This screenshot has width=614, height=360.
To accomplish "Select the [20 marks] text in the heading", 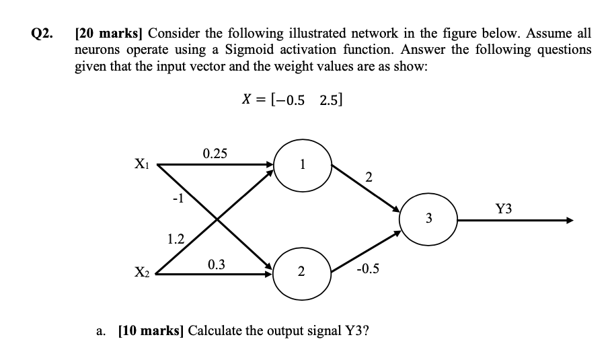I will coord(108,33).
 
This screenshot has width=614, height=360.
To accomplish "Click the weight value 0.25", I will coord(215,153).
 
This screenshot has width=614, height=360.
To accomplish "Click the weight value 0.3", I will coord(217,264).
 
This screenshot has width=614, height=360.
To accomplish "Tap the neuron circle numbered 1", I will coord(303,164).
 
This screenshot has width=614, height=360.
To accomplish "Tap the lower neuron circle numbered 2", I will coord(301,272).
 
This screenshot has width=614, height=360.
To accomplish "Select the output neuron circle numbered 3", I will coord(429,218).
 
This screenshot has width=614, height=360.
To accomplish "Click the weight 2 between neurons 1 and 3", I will coord(368,178).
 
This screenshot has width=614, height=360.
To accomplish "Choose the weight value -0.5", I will coord(369,269).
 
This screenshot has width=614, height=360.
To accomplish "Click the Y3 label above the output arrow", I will coord(503,209).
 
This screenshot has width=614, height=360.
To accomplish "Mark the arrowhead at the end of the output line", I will coord(570,221).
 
